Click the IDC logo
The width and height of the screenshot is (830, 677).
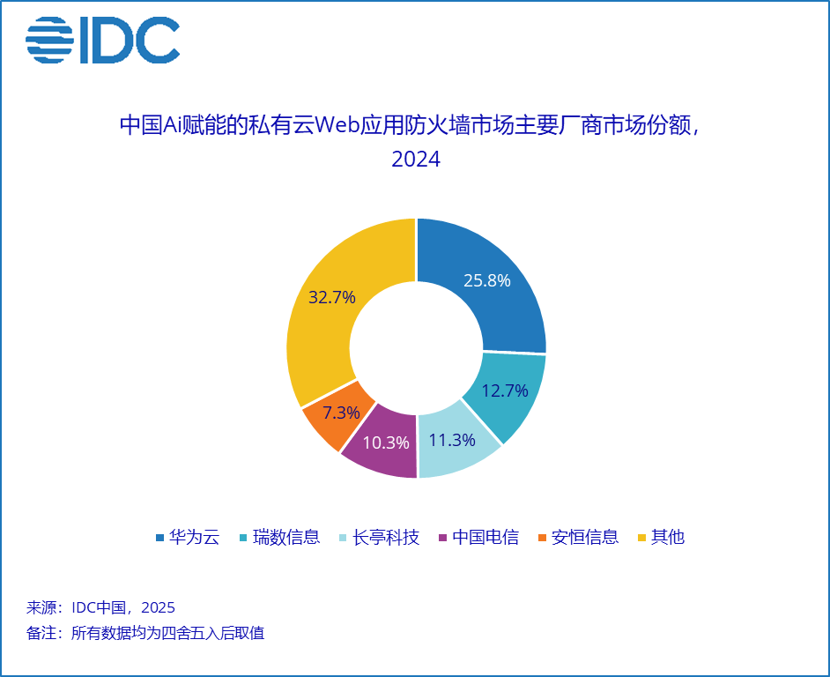[103, 40]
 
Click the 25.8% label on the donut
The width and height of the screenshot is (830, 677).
[487, 280]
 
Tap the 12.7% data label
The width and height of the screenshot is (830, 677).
[505, 391]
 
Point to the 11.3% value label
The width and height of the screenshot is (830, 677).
[452, 440]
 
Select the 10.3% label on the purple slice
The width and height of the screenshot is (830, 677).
[386, 443]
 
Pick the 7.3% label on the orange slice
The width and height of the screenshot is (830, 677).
[341, 413]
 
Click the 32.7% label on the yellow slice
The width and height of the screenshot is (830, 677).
[332, 297]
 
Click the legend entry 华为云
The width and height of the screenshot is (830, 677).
[188, 537]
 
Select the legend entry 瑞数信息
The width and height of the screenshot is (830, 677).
[280, 537]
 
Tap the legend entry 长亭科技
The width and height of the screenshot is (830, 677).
[380, 537]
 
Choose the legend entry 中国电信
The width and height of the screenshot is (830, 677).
[479, 537]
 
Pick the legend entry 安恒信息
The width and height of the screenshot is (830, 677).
[579, 537]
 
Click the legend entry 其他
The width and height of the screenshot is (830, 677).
[662, 537]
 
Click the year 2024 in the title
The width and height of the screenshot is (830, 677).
[416, 159]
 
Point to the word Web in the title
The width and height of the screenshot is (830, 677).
[337, 125]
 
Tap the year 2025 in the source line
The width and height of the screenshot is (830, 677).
[159, 607]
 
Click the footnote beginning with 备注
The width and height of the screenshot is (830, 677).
[145, 633]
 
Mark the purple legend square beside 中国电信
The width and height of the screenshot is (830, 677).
[443, 538]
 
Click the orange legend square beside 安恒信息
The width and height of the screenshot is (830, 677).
[542, 538]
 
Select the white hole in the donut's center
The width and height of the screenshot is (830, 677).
[417, 348]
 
